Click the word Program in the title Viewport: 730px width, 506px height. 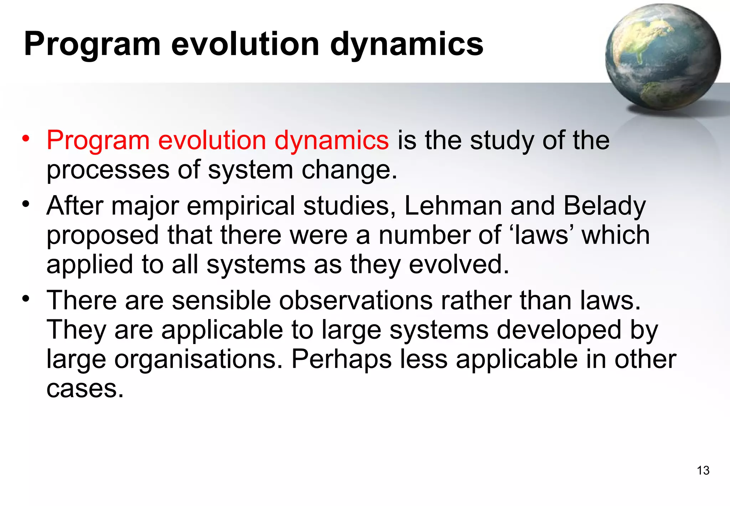pyautogui.click(x=92, y=45)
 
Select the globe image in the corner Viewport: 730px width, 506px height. pyautogui.click(x=663, y=57)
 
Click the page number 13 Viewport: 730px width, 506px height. pyautogui.click(x=703, y=470)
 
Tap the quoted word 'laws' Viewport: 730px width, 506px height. pyautogui.click(x=541, y=235)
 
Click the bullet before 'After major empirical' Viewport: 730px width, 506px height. pyautogui.click(x=26, y=204)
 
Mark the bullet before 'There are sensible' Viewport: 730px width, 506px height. pyautogui.click(x=26, y=299)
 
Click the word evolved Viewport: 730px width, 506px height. pyautogui.click(x=459, y=264)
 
